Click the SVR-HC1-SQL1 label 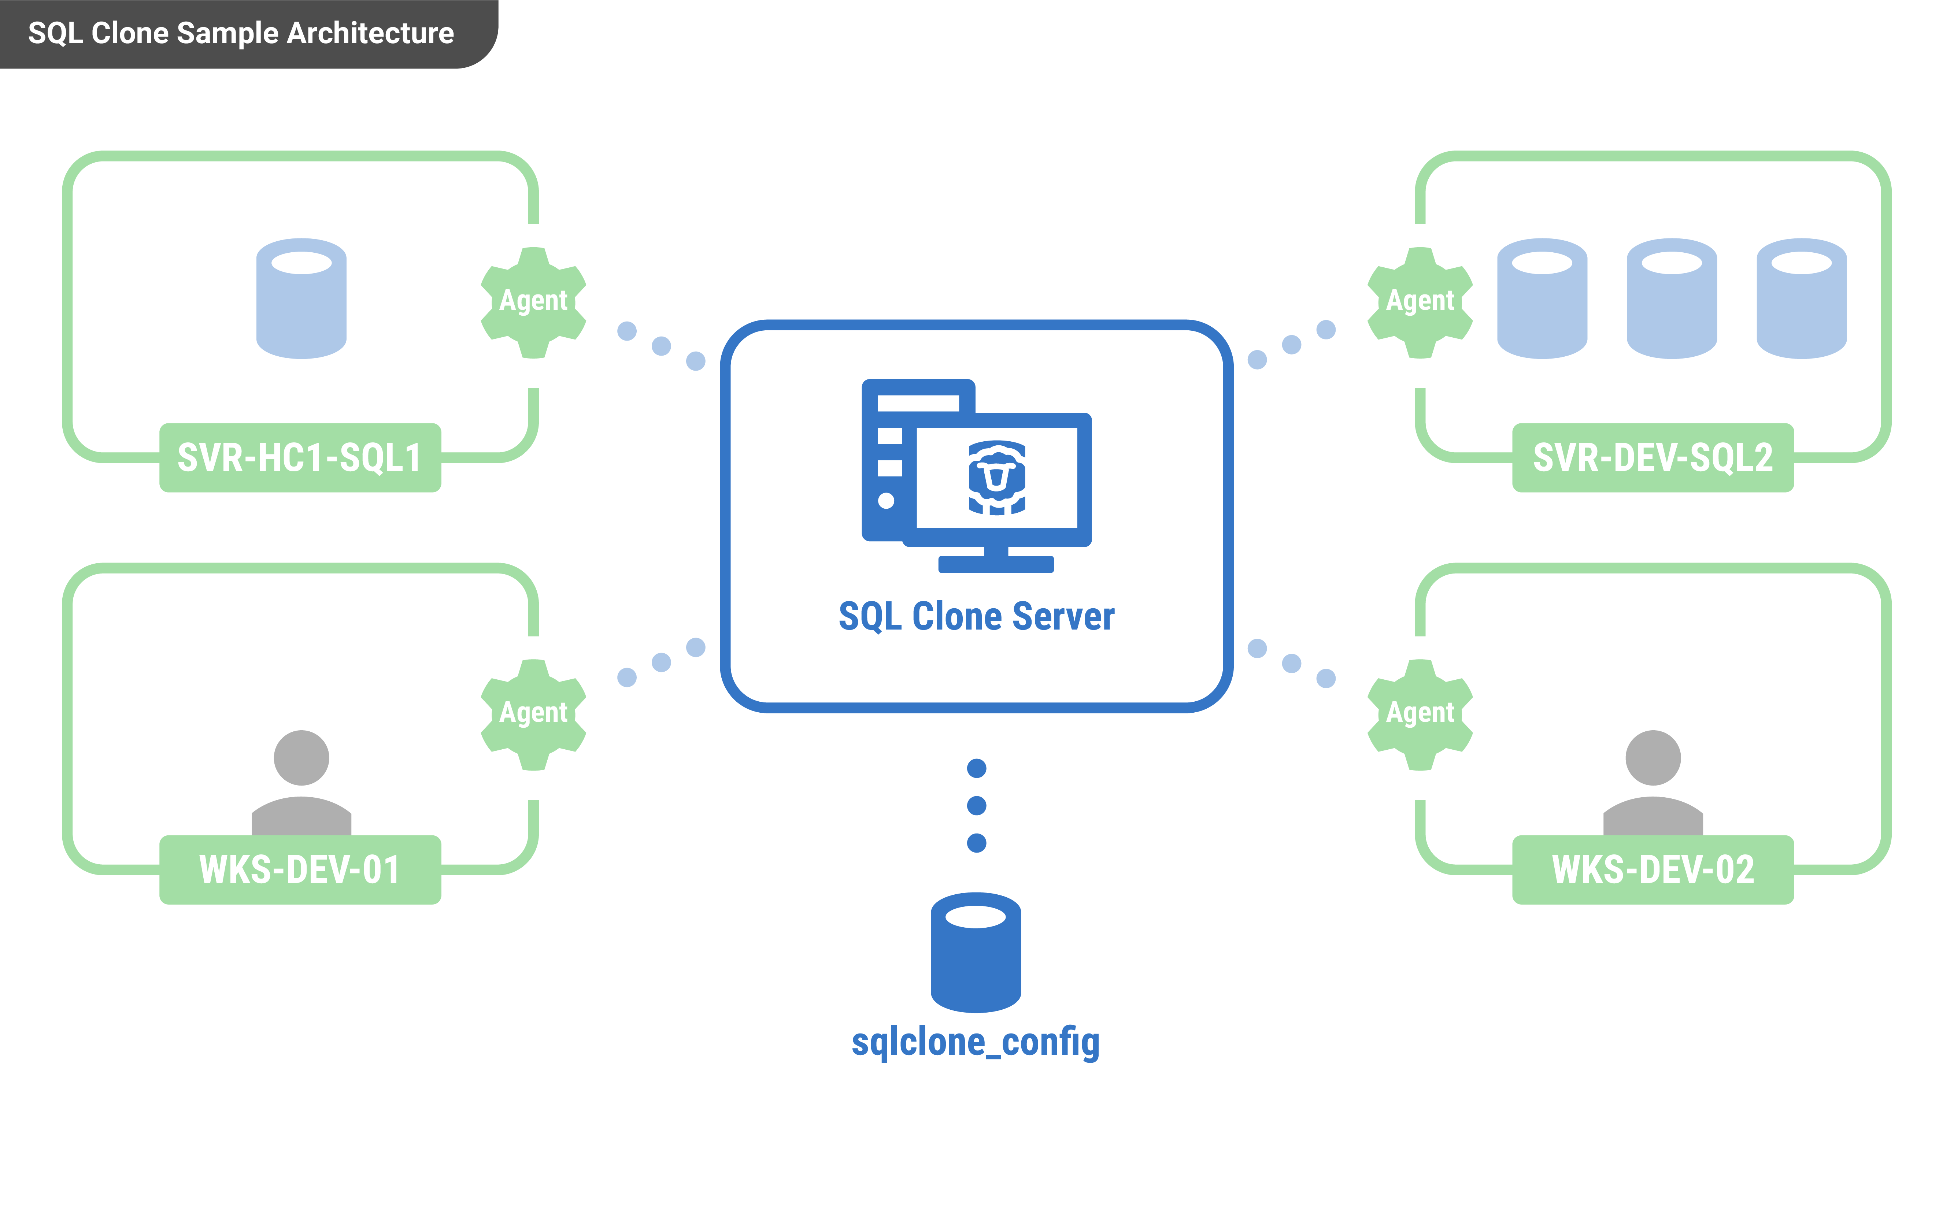[x=300, y=458]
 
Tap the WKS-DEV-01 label [x=300, y=870]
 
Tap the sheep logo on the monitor [x=997, y=477]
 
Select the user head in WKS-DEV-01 [x=301, y=757]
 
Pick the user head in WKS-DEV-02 [x=1653, y=757]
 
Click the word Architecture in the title [x=370, y=33]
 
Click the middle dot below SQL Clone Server [x=976, y=805]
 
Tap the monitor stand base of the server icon [x=995, y=564]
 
